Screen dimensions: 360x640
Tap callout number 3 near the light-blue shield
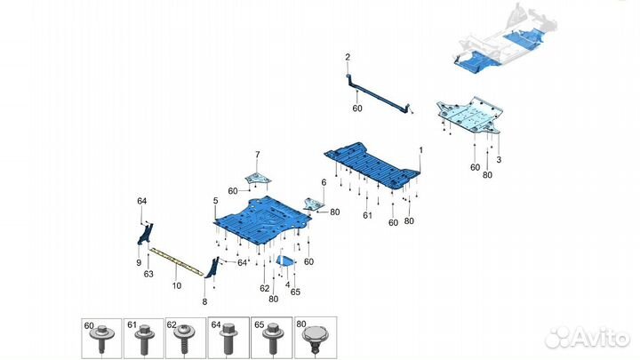[500, 159]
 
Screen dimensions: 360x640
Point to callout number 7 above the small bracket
[258, 155]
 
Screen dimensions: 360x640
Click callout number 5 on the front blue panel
[215, 202]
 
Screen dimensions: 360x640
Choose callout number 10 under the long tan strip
[176, 285]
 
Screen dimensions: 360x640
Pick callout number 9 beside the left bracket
[139, 262]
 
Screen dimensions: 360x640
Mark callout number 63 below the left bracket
[148, 274]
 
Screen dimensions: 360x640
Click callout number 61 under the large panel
[366, 215]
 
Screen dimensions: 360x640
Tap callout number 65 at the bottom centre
[295, 292]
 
